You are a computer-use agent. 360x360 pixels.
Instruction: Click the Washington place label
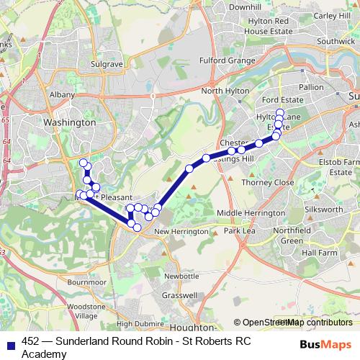[69, 122]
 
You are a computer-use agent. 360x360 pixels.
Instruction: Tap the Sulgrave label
[107, 64]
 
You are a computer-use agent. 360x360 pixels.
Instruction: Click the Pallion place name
[312, 87]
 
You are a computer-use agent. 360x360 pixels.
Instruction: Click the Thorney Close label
[271, 183]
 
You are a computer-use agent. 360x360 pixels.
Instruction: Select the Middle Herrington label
[251, 214]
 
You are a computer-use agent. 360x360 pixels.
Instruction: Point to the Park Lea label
[240, 231]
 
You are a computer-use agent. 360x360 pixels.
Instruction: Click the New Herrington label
[181, 231]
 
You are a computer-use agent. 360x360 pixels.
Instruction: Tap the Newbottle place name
[181, 276]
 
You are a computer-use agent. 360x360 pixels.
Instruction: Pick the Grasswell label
[181, 295]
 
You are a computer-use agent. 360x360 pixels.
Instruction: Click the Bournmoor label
[85, 283]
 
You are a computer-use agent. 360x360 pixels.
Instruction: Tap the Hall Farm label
[320, 253]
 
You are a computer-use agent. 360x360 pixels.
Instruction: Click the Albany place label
[59, 94]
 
